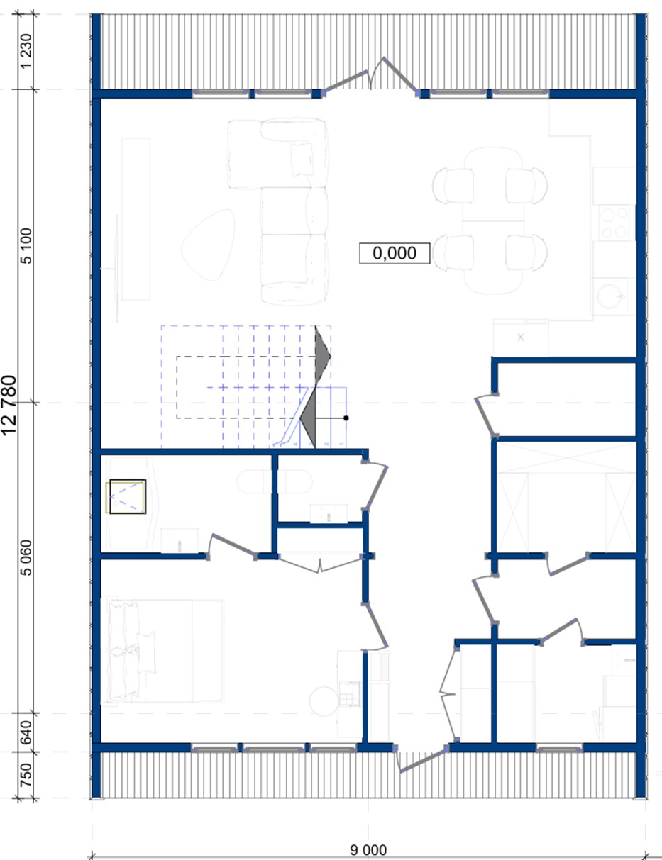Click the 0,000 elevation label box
point(395,253)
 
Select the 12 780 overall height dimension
point(9,405)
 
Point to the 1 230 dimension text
point(26,51)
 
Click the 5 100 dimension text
point(26,246)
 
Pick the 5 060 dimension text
point(26,558)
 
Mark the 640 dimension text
point(26,732)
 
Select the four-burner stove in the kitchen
point(614,223)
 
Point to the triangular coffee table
point(209,245)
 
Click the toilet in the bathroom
point(275,481)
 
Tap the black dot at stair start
point(346,418)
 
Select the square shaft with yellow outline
point(127,497)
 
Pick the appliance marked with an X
point(521,337)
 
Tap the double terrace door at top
point(370,76)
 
